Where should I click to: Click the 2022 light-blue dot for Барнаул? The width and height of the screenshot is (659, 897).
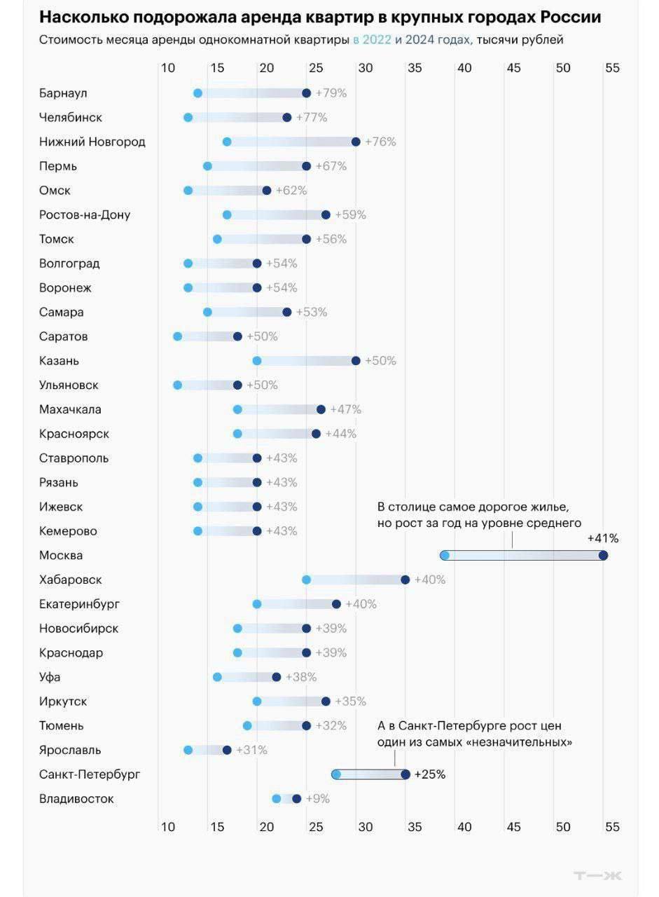pyautogui.click(x=197, y=93)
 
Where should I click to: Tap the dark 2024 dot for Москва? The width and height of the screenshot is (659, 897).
pyautogui.click(x=603, y=556)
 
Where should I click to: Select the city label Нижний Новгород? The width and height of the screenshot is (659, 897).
pyautogui.click(x=92, y=142)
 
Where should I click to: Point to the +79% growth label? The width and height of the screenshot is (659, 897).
pyautogui.click(x=331, y=93)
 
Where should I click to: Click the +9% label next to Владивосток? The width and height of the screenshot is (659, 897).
pyautogui.click(x=317, y=799)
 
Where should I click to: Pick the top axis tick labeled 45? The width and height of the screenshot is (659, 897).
pyautogui.click(x=513, y=68)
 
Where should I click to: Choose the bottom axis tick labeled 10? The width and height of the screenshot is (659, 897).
pyautogui.click(x=168, y=827)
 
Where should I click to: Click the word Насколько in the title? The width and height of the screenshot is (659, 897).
pyautogui.click(x=85, y=18)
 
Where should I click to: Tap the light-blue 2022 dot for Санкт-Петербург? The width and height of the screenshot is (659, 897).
pyautogui.click(x=336, y=774)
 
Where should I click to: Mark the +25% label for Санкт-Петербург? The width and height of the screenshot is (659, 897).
pyautogui.click(x=430, y=774)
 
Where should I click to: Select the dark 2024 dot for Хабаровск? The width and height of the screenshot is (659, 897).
pyautogui.click(x=405, y=580)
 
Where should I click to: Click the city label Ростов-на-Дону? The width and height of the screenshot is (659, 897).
pyautogui.click(x=85, y=214)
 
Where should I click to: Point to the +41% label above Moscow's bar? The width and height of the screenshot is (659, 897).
pyautogui.click(x=602, y=538)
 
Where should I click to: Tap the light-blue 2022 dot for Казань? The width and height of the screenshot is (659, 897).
pyautogui.click(x=257, y=361)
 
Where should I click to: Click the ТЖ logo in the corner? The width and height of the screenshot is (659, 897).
pyautogui.click(x=597, y=876)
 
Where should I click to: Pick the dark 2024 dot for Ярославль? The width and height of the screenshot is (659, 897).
pyautogui.click(x=227, y=750)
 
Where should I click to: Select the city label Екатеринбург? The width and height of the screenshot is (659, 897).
pyautogui.click(x=79, y=604)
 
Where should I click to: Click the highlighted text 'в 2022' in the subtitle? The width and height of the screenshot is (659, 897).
pyautogui.click(x=372, y=40)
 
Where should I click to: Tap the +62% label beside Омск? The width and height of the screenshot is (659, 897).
pyautogui.click(x=291, y=190)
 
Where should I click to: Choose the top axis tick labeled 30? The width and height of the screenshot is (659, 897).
pyautogui.click(x=366, y=68)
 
